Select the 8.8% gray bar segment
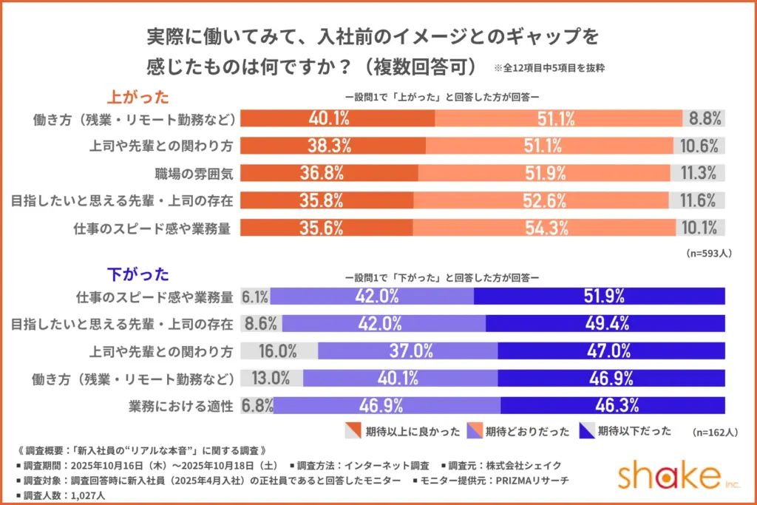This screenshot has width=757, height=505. click(x=705, y=118)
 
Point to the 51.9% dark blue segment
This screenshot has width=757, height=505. click(x=600, y=296)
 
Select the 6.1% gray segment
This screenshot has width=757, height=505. click(x=255, y=296)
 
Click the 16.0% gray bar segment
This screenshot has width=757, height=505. click(x=279, y=351)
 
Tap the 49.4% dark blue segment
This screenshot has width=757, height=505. click(x=605, y=324)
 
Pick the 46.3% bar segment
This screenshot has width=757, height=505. click(x=613, y=406)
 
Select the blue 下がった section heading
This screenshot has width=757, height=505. click(x=138, y=276)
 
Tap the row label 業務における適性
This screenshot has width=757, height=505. click(x=181, y=406)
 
